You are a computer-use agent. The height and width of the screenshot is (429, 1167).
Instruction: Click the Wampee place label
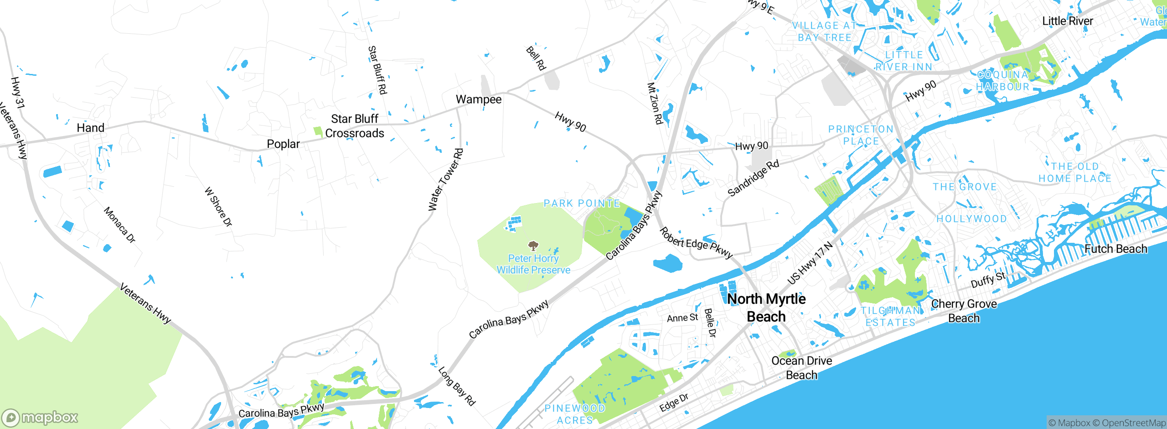pyautogui.click(x=478, y=99)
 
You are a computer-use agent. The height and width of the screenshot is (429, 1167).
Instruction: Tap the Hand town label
pyautogui.click(x=90, y=128)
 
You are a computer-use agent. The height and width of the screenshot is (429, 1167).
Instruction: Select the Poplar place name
pyautogui.click(x=283, y=144)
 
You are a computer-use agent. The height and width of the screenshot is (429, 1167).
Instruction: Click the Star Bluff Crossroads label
pyautogui.click(x=355, y=126)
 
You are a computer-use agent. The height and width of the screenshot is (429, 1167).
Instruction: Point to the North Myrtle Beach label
pyautogui.click(x=766, y=308)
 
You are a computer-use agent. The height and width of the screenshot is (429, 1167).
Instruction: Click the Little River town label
pyautogui.click(x=1067, y=21)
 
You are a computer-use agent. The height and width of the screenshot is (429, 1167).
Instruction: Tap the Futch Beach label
pyautogui.click(x=1115, y=249)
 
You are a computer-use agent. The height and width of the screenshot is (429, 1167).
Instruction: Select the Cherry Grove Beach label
pyautogui.click(x=964, y=311)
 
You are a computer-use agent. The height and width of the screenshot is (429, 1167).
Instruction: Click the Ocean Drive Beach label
pyautogui.click(x=801, y=368)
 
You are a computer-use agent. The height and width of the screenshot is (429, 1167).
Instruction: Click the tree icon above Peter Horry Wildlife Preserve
pyautogui.click(x=533, y=246)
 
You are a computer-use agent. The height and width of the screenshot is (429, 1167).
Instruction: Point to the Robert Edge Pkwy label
pyautogui.click(x=696, y=243)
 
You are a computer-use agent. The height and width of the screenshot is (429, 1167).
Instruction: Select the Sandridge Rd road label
pyautogui.click(x=753, y=178)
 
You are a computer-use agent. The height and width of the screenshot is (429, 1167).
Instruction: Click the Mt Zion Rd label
pyautogui.click(x=655, y=104)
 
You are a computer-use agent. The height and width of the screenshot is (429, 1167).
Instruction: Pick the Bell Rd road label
pyautogui.click(x=536, y=58)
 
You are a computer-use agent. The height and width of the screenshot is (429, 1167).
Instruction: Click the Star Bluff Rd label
pyautogui.click(x=377, y=70)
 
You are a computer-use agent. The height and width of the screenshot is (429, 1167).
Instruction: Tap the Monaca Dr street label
pyautogui.click(x=119, y=225)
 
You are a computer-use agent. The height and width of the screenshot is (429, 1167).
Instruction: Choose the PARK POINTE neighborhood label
pyautogui.click(x=582, y=203)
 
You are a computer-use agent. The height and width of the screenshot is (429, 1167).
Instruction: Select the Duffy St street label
pyautogui.click(x=988, y=280)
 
